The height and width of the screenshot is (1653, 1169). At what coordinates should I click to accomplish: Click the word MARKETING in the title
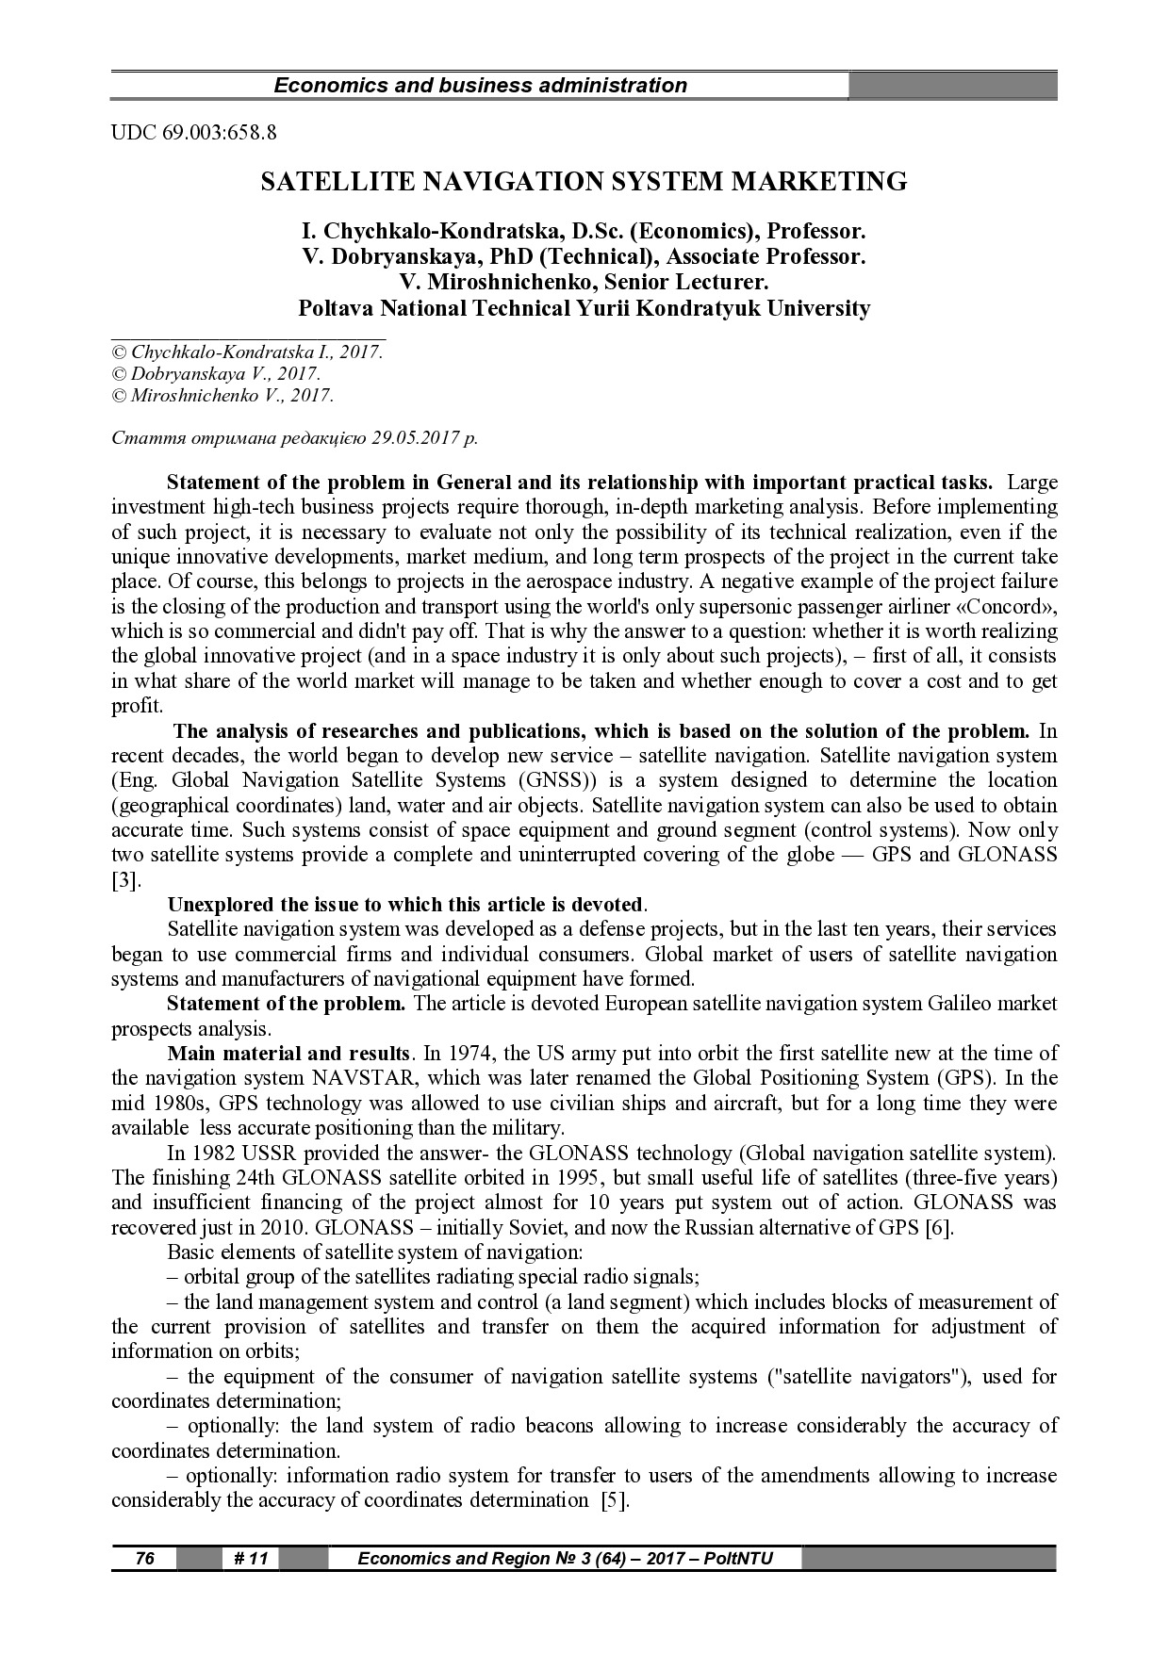[818, 181]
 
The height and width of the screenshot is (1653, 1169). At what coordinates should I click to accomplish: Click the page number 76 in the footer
[144, 1558]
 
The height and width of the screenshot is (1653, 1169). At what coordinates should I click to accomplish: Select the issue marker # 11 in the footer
[251, 1558]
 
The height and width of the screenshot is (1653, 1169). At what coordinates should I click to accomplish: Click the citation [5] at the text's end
[614, 1499]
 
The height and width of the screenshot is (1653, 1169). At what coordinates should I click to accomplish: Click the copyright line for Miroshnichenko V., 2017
[222, 396]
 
